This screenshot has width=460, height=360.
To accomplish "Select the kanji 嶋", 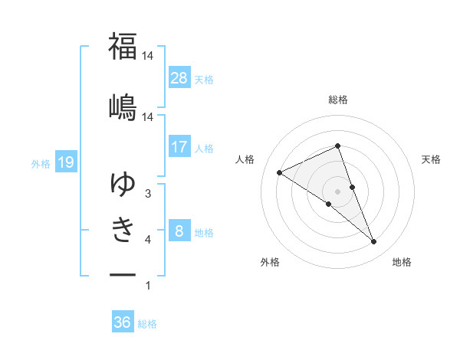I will [x=123, y=106].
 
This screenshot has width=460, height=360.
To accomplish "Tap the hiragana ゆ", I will [x=123, y=184].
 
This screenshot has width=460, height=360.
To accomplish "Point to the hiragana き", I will [x=123, y=229].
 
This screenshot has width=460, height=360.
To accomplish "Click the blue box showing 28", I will [x=179, y=77].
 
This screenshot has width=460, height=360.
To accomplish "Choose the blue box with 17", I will [x=179, y=146].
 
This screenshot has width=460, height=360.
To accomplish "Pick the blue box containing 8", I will [x=179, y=231].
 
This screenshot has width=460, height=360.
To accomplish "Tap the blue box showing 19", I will [x=65, y=162].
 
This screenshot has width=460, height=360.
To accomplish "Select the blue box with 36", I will [x=123, y=322].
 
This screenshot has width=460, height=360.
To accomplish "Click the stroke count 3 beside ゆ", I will [x=148, y=195].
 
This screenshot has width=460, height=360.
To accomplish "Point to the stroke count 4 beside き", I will [x=148, y=241].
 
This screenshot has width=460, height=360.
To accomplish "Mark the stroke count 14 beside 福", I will [x=148, y=56].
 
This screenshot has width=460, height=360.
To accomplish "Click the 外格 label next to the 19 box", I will [x=41, y=162].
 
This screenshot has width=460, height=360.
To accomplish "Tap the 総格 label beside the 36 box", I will [x=147, y=324].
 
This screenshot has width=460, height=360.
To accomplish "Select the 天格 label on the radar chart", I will [x=431, y=159].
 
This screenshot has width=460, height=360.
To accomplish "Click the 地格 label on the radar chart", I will [x=402, y=263].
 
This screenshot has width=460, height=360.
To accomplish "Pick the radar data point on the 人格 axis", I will [x=280, y=173].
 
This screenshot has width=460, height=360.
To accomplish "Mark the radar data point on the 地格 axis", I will [x=374, y=242].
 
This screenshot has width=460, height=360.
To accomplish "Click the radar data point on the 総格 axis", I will [x=337, y=146].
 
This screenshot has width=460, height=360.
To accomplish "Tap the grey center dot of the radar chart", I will [x=337, y=191].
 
